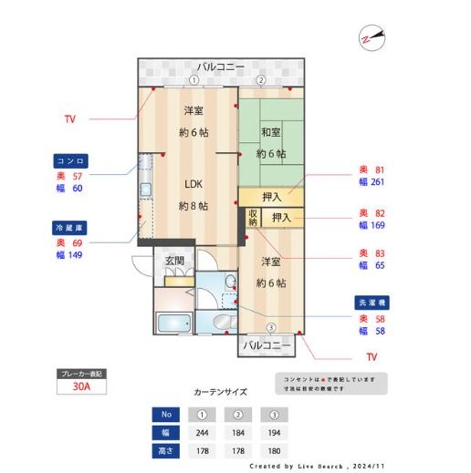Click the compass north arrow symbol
(372, 38)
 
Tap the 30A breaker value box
(81, 386)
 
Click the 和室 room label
(270, 133)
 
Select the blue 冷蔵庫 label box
(70, 228)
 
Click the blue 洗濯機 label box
(371, 303)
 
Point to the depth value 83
(378, 252)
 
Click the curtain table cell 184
(237, 433)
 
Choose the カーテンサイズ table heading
(220, 392)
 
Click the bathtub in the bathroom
(173, 324)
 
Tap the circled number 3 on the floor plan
(270, 328)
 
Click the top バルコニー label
(220, 67)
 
